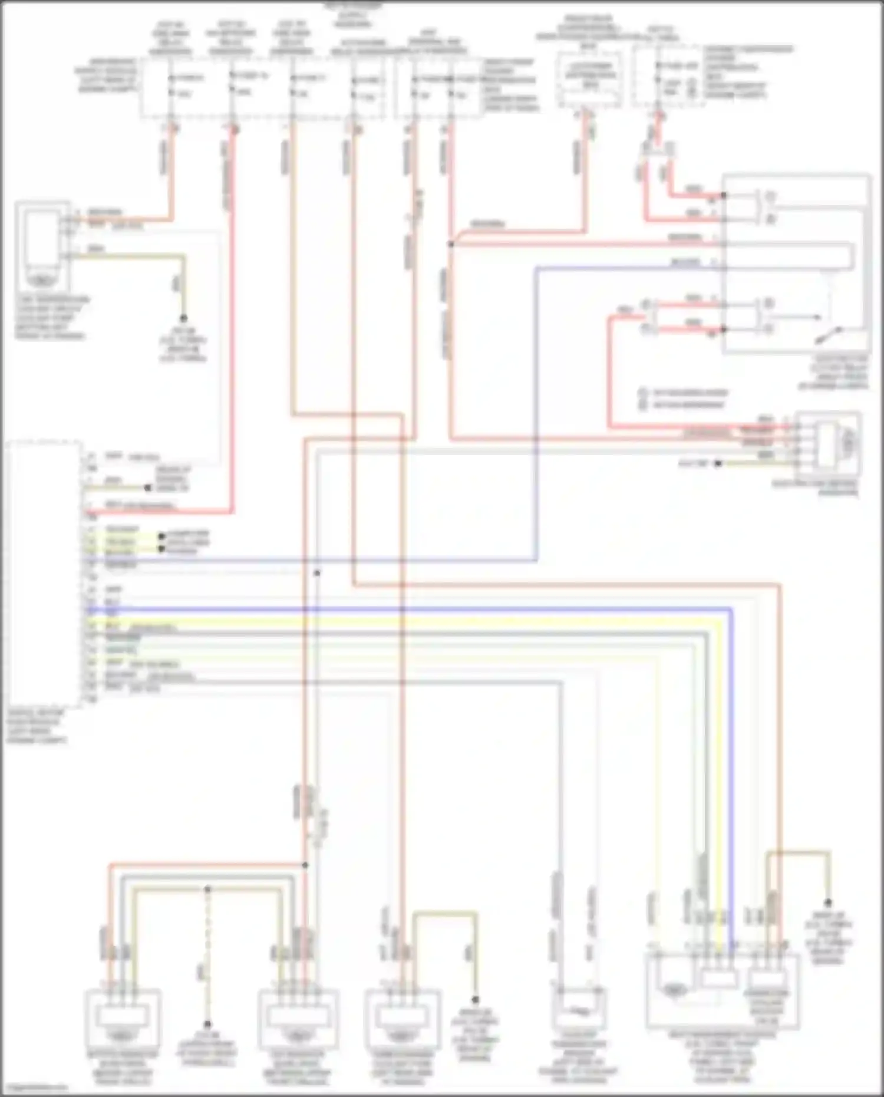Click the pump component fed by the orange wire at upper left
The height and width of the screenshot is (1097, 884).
point(41,245)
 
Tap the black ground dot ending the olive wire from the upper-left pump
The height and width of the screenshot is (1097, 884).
point(183,318)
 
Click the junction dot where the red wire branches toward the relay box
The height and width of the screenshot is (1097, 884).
point(451,243)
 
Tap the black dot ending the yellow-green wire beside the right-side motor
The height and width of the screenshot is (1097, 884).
point(718,464)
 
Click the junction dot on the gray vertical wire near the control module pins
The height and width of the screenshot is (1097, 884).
point(316,572)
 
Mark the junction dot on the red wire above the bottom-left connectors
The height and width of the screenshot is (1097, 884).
point(305,865)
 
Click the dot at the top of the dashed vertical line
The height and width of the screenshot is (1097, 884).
point(207,888)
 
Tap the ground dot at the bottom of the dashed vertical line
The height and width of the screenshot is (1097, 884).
point(207,1024)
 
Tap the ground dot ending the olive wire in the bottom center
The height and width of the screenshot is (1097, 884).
point(475,1000)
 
